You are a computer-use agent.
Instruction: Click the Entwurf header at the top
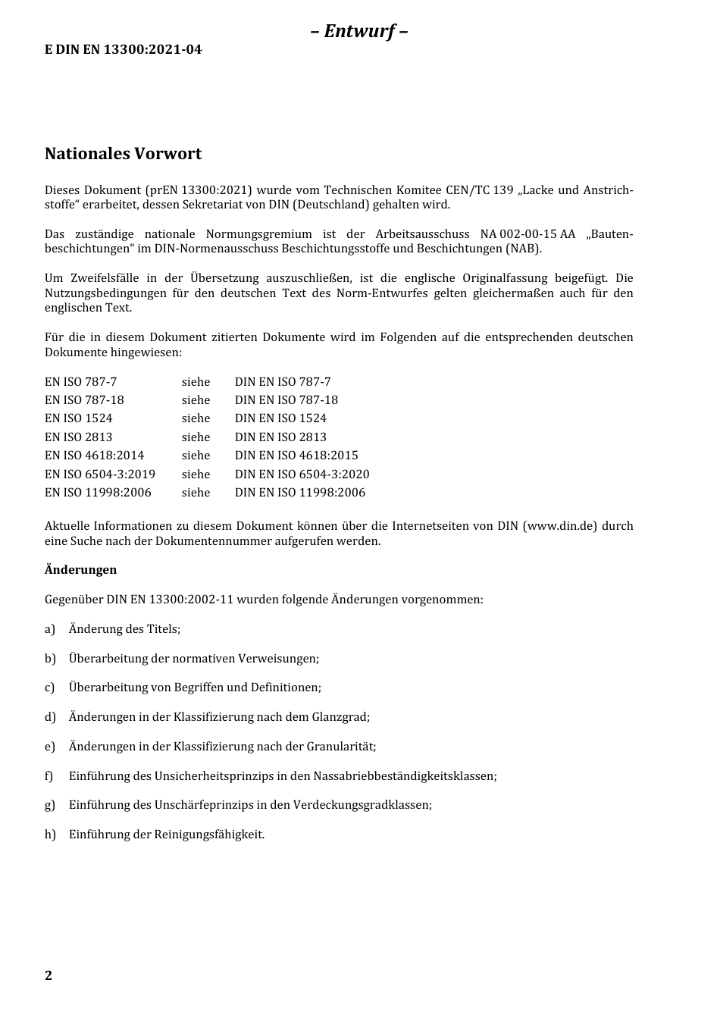(359, 31)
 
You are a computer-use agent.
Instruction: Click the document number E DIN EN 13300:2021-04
(123, 50)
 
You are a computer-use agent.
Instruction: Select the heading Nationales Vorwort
(123, 154)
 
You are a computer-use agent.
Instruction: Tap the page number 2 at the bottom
(49, 976)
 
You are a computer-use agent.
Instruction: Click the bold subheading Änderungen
(80, 570)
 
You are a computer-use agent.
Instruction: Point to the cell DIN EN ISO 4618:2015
(296, 456)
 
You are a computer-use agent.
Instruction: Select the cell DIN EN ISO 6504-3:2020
(302, 475)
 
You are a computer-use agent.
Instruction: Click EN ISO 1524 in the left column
(78, 418)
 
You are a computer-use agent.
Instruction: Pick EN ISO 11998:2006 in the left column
(98, 493)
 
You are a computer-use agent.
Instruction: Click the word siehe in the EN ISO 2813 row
(196, 437)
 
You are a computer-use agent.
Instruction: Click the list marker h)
(50, 835)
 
